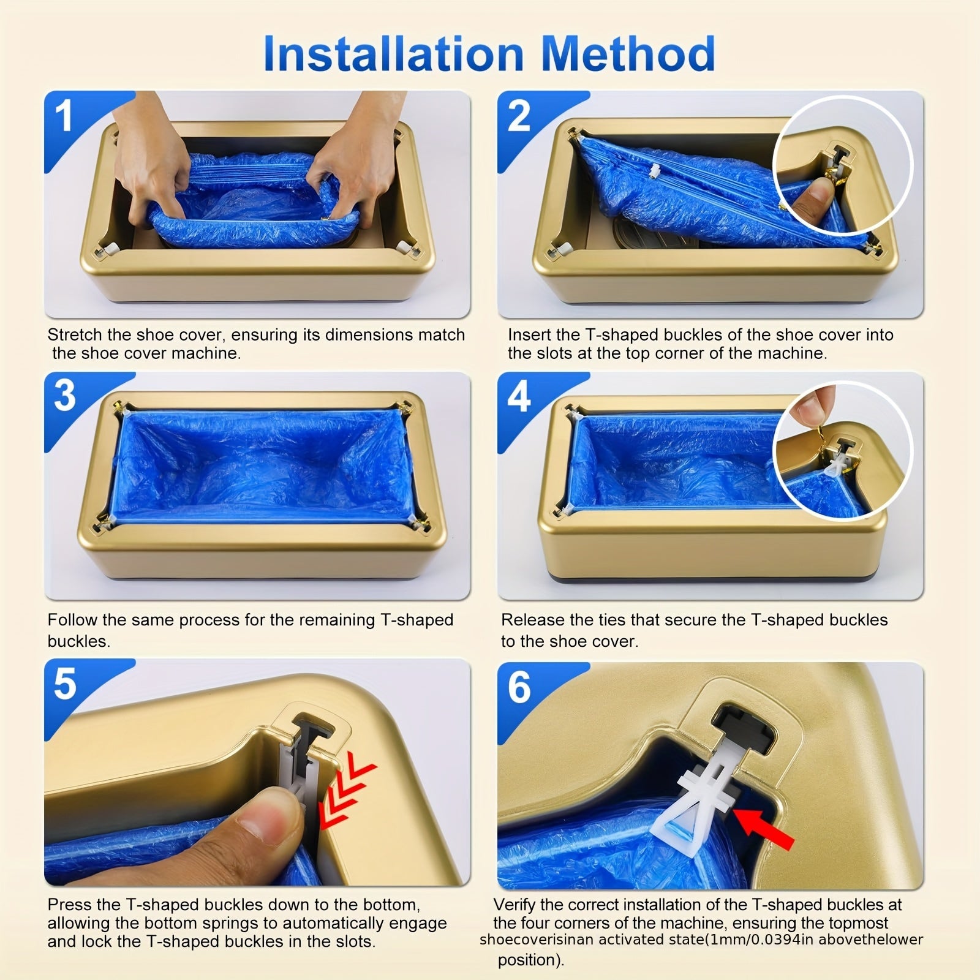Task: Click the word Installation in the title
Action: click(x=393, y=54)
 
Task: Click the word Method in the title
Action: click(x=628, y=54)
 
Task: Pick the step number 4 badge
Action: click(x=519, y=396)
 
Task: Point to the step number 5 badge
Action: click(x=65, y=683)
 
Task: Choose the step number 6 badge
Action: click(x=519, y=687)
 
